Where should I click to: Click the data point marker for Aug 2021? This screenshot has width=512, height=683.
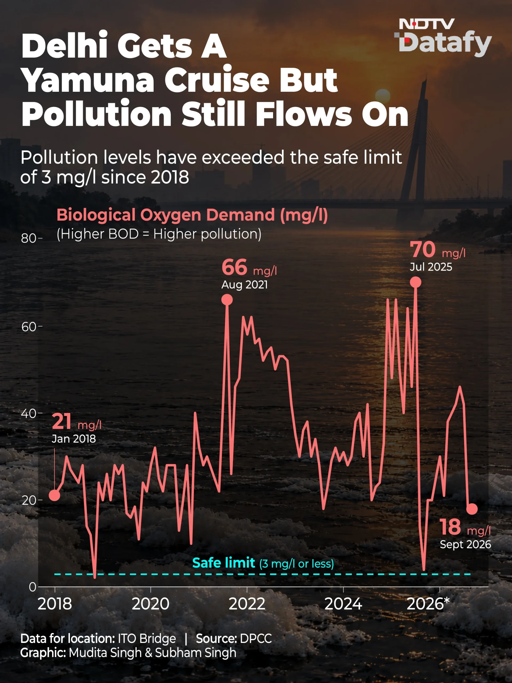227,300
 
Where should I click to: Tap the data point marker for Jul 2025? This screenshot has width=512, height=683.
415,282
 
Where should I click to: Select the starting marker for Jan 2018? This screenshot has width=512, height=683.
54,495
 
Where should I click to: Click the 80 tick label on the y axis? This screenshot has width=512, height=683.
29,238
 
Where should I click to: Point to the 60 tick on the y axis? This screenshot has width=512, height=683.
29,327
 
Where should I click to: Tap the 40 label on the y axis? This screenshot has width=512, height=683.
29,414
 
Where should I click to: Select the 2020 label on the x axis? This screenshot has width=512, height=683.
151,604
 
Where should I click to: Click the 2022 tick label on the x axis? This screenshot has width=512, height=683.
247,604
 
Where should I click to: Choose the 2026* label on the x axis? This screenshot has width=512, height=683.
428,604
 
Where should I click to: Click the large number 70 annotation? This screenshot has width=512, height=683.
422,249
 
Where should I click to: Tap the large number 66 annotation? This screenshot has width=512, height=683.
234,267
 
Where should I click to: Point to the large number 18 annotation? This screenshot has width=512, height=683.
450,527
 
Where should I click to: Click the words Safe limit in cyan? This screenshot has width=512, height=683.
223,563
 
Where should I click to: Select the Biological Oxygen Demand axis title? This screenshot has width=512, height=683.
192,215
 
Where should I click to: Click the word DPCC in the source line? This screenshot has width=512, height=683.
256,638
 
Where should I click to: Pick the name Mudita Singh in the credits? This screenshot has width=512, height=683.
105,653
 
